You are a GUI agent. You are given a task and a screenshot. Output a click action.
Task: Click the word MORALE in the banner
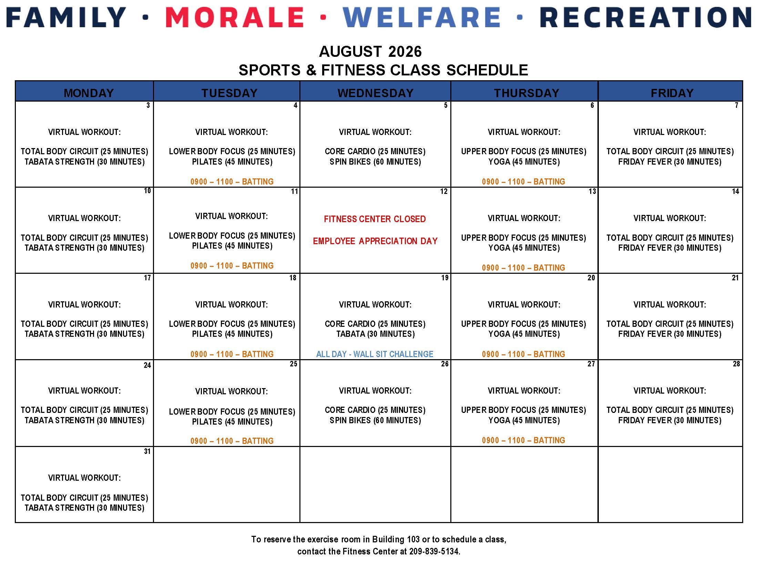coord(235,17)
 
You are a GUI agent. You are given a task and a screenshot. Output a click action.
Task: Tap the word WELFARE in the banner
coord(422,17)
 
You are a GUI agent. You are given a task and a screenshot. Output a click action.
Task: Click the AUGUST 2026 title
coord(370,52)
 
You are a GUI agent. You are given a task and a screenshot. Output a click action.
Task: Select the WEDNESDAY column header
coord(375,93)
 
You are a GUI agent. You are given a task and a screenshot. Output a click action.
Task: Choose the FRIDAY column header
coord(672,93)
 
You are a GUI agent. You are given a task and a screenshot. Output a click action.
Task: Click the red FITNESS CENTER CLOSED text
coord(375,219)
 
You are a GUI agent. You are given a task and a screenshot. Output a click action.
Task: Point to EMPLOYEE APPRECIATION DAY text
coord(375,241)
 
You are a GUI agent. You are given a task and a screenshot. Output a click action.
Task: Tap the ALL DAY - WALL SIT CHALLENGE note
coord(375,354)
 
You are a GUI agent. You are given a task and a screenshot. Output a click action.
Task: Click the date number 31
coord(147,451)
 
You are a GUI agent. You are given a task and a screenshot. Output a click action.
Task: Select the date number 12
coord(444,191)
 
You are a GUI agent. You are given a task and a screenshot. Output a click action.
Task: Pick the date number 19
coord(445,278)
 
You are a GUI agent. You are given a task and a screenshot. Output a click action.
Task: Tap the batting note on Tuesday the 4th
coord(232,181)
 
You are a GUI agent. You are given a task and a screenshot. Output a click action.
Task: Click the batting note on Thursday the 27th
coord(523,440)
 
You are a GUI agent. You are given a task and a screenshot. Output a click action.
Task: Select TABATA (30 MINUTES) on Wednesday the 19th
coord(376,334)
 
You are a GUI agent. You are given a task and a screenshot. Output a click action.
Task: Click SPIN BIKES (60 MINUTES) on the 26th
coord(375,420)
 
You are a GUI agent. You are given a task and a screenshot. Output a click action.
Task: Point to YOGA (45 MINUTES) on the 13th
coord(524,248)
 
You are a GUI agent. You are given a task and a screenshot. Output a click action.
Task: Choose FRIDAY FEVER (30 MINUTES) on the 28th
coord(669,420)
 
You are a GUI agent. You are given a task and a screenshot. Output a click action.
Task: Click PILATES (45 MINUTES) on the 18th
coord(232,334)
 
